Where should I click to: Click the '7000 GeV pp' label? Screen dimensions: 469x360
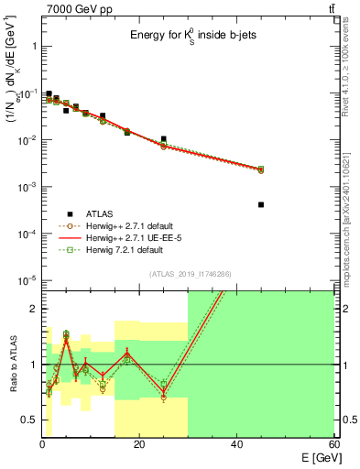click(73, 8)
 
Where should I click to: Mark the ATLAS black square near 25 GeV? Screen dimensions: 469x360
click(164, 139)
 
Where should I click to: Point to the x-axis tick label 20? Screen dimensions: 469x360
click(139, 443)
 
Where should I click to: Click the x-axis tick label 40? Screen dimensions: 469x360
click(236, 443)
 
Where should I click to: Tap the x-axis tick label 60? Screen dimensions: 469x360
click(333, 443)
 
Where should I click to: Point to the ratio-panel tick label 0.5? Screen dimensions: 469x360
click(28, 420)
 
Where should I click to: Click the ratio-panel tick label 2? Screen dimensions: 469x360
click(33, 309)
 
